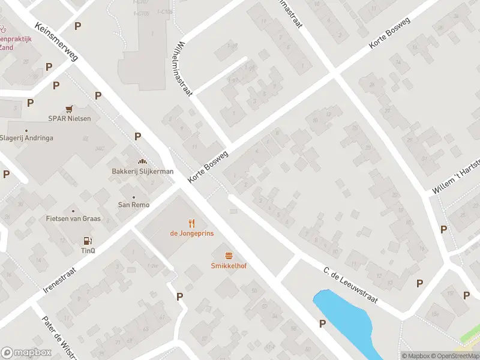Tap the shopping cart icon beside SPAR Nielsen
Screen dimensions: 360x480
[70, 109]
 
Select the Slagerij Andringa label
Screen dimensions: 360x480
[26, 137]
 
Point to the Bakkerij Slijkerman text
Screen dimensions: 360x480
[143, 171]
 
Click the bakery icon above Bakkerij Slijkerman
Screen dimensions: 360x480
[143, 161]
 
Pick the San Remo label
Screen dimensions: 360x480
[133, 204]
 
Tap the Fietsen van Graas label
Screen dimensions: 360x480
[73, 218]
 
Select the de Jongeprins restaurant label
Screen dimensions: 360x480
[192, 233]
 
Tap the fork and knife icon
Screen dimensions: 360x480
[192, 223]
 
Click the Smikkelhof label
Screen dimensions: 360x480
[228, 266]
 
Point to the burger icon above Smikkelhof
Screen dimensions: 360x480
[228, 256]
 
